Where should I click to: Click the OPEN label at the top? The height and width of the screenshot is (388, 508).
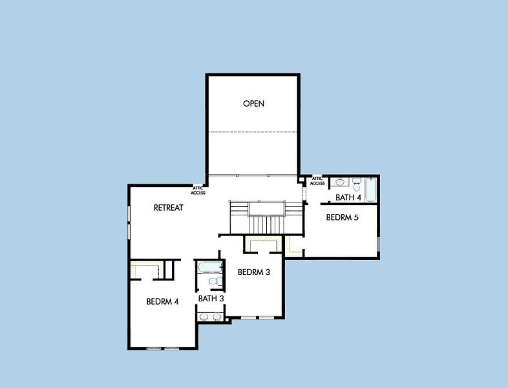pos(253,103)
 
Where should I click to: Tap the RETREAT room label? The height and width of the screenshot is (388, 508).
pos(168,208)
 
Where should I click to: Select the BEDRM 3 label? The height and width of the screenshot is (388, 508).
pos(253,272)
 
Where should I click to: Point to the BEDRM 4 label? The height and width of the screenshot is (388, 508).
pos(162,301)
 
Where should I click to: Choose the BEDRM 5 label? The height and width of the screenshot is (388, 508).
pos(342,218)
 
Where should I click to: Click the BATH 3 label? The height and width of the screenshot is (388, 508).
pos(211,299)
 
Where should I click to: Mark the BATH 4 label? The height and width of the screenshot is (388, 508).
pos(348,197)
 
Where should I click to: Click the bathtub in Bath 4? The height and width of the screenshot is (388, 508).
pos(371,189)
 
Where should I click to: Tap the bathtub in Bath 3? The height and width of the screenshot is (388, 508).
pos(209,267)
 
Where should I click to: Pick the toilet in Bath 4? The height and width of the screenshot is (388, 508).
pos(355,183)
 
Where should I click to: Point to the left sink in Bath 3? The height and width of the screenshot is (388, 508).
pos(204,316)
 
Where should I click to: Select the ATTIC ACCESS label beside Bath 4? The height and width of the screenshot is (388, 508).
pos(317,180)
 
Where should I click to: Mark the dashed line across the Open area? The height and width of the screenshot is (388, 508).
pos(253,132)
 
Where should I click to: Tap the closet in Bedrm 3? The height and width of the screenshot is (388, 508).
pos(263,244)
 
